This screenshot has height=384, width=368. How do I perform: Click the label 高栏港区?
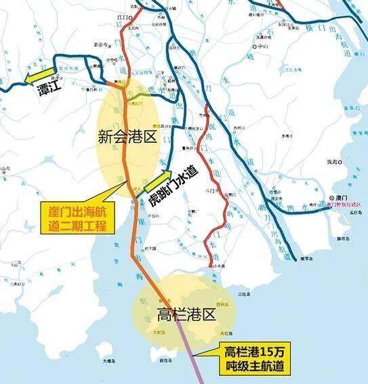[x=185, y=314]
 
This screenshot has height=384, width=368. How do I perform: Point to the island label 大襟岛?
[x=109, y=362]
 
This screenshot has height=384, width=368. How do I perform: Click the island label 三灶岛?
[x=246, y=294]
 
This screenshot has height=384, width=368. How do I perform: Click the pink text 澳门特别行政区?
[x=344, y=203]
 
